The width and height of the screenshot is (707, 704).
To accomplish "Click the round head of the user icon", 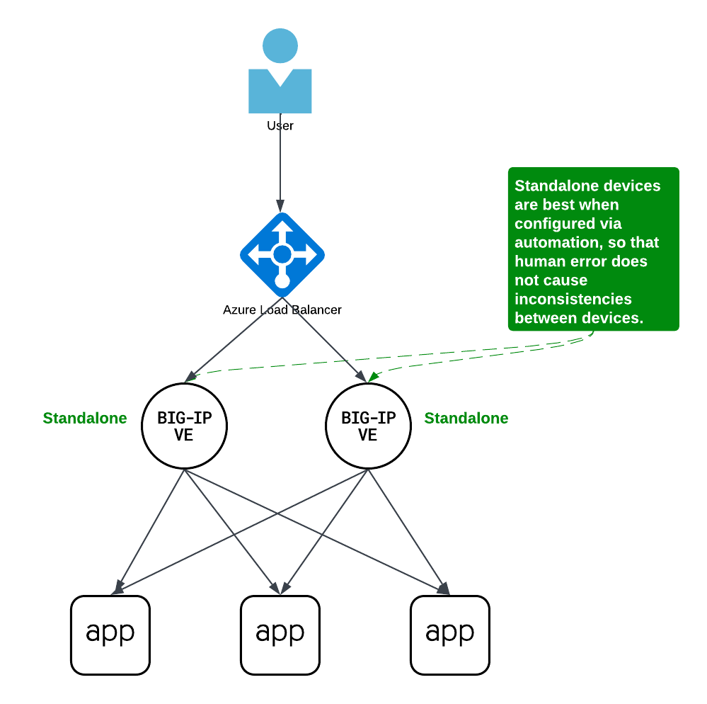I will pos(280,46).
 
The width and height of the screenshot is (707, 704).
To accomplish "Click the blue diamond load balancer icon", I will pos(282,255).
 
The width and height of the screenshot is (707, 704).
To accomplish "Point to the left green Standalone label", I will pos(85,418).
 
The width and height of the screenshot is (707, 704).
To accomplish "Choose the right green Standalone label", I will pos(466,418).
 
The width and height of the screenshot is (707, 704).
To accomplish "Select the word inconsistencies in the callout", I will pos(573,299).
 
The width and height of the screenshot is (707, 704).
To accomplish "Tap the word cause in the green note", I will pos(565,280).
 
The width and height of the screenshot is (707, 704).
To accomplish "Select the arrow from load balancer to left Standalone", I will pos(234,340).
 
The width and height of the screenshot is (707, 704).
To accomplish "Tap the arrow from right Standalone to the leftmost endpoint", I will pos(212,545).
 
